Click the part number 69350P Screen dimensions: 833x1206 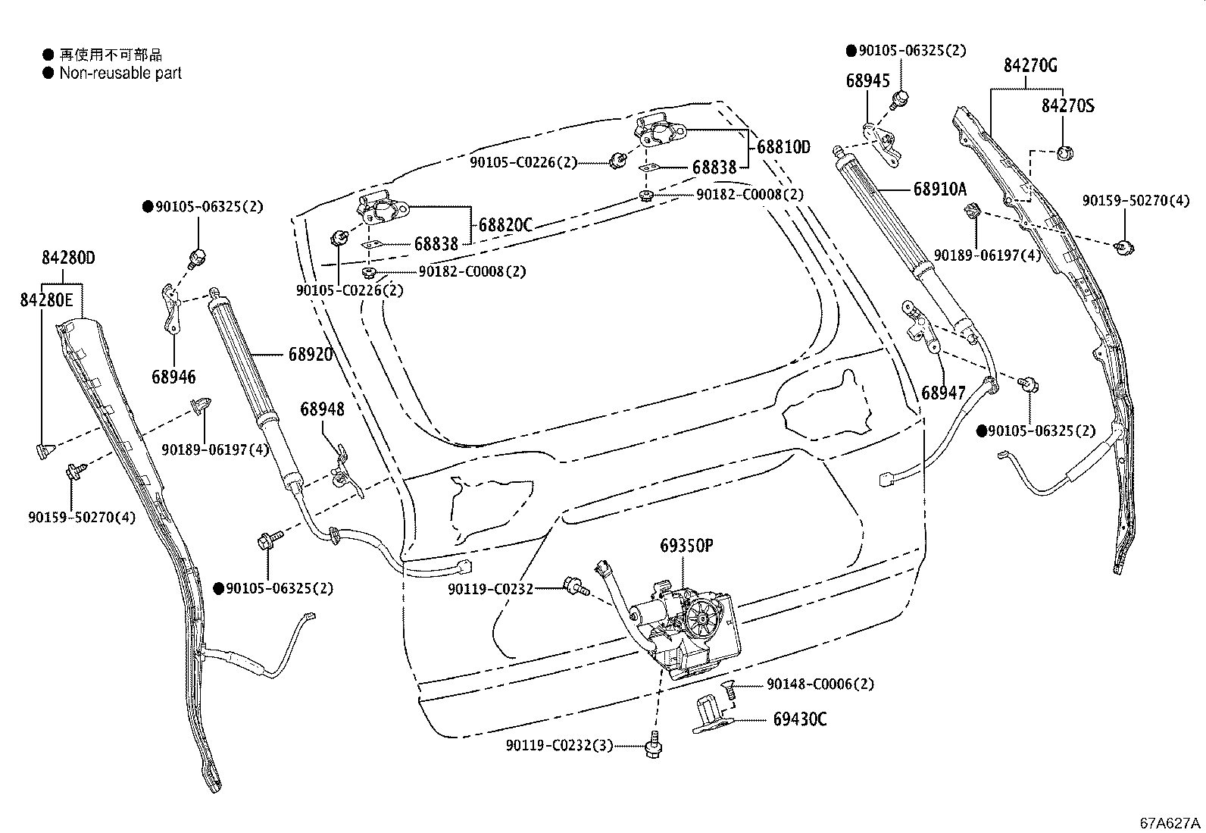pyautogui.click(x=687, y=545)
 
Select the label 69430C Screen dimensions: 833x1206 pyautogui.click(x=800, y=719)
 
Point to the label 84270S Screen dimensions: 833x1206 pyautogui.click(x=1067, y=105)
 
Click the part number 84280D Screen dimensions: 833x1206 pyautogui.click(x=68, y=258)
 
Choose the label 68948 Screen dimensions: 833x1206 pyautogui.click(x=322, y=409)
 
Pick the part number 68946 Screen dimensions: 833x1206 pyautogui.click(x=173, y=376)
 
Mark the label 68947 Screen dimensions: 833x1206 pyautogui.click(x=943, y=393)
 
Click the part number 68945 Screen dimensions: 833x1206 pyautogui.click(x=867, y=80)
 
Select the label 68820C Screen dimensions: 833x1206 pyautogui.click(x=505, y=225)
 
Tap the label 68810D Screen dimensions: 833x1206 pyautogui.click(x=783, y=147)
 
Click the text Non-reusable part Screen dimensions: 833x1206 pyautogui.click(x=120, y=74)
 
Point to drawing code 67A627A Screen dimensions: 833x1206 pyautogui.click(x=1171, y=822)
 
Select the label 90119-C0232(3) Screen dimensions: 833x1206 pyautogui.click(x=559, y=746)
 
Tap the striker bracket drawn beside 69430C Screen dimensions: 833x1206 pyautogui.click(x=709, y=715)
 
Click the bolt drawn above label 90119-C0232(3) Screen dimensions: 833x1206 pyautogui.click(x=651, y=746)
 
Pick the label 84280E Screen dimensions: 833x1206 pyautogui.click(x=45, y=300)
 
